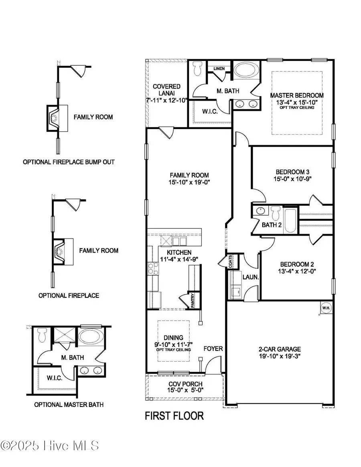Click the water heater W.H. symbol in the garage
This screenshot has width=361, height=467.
click(325, 307)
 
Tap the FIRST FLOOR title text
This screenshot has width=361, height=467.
click(174, 416)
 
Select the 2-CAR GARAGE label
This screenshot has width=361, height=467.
click(280, 349)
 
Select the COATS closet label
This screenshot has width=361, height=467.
click(230, 263)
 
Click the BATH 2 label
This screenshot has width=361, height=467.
click(272, 225)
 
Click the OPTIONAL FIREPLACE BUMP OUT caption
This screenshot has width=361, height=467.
click(69, 162)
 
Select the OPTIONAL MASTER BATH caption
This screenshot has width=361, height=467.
click(69, 404)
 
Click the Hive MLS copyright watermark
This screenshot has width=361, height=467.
click(50, 445)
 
